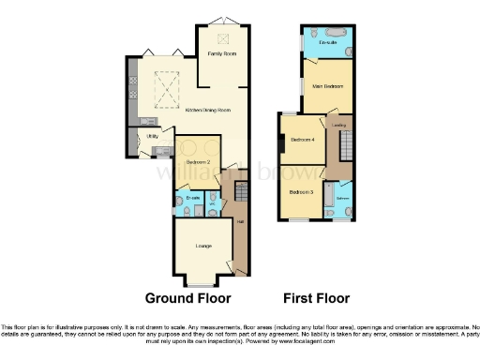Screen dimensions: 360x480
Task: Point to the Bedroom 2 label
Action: tap(198, 162)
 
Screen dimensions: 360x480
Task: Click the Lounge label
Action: tap(202, 246)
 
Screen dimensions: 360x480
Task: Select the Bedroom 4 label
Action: tap(301, 140)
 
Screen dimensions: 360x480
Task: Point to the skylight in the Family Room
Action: tap(222, 38)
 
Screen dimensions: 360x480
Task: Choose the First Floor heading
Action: tap(315, 298)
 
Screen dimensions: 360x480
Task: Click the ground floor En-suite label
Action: tap(191, 199)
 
